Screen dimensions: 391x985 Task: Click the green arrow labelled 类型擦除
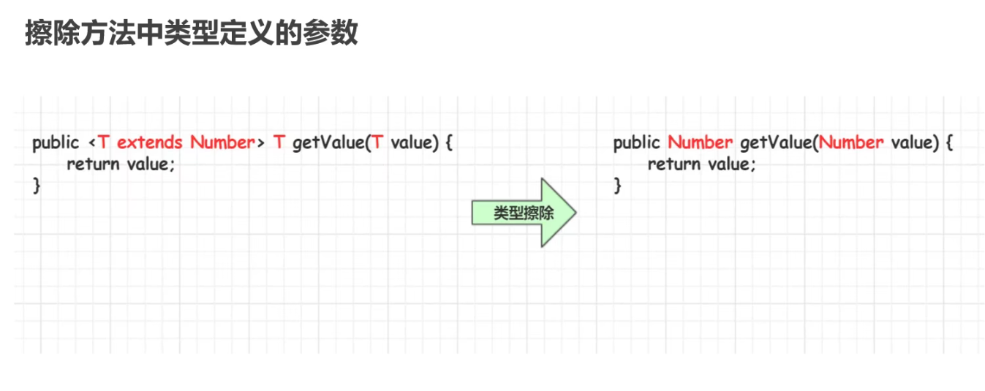point(524,213)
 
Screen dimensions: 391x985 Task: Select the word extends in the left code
point(149,143)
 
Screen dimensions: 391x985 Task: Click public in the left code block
point(55,143)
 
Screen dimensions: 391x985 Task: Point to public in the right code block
point(636,143)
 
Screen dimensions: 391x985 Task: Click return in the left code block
point(93,164)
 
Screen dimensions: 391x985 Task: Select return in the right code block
point(673,164)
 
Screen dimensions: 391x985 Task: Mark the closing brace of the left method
point(36,186)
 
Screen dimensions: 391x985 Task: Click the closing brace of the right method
point(617,186)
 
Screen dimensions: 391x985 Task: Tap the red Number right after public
point(700,143)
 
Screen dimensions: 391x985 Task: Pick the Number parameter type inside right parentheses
point(851,143)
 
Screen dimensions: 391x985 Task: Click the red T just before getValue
point(279,143)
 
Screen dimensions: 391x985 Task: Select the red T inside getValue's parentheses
point(377,143)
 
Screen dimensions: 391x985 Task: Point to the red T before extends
point(104,143)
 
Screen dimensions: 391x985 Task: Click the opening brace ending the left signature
point(448,143)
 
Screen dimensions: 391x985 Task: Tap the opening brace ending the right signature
point(948,143)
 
